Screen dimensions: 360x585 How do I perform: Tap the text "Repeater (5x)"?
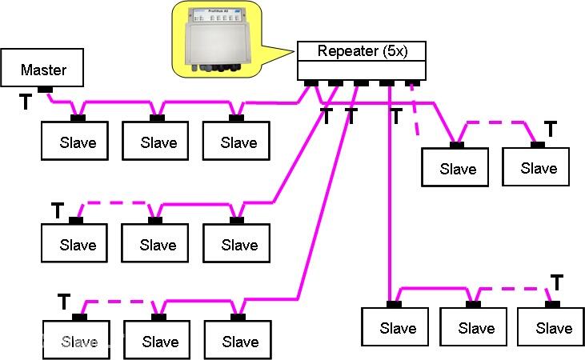[360, 52]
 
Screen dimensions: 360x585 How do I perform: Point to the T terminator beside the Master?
[26, 102]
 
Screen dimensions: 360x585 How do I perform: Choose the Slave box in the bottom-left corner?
[78, 341]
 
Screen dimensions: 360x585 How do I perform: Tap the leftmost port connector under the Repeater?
[311, 82]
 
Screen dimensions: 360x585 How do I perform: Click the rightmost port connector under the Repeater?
[413, 82]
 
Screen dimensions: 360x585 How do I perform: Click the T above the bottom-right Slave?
[557, 282]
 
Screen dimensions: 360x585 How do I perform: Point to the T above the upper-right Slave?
[550, 128]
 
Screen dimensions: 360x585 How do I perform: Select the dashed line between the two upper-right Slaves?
[497, 122]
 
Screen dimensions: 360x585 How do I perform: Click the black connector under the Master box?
[45, 89]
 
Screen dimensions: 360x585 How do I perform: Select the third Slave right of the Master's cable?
[238, 142]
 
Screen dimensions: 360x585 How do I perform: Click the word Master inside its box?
[43, 70]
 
